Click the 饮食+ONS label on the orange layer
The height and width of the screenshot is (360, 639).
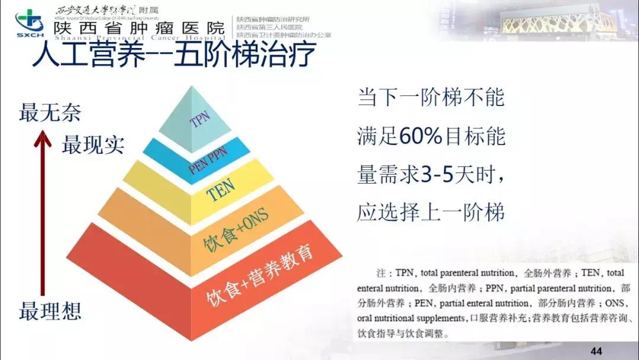pos(237,226)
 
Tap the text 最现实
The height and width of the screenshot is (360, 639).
pos(93,144)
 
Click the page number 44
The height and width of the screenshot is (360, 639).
pos(596,352)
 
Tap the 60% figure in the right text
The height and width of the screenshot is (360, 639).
pos(421,137)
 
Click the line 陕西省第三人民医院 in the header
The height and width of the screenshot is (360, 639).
pos(269,27)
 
